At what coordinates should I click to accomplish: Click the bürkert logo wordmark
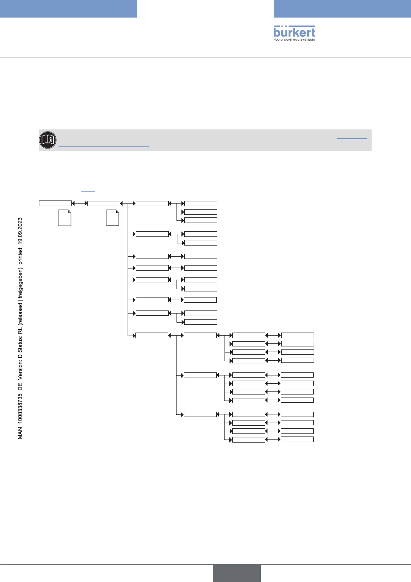pos(294,32)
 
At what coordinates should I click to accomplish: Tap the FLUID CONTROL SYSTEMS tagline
pos(294,40)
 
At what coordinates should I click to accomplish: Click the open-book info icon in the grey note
pos(48,140)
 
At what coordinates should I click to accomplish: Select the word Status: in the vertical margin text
pos(20,342)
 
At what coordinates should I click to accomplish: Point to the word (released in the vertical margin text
pos(20,311)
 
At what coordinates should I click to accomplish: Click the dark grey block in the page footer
pos(237,573)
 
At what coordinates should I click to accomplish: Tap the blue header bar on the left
pos(68,9)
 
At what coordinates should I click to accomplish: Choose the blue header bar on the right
pos(342,9)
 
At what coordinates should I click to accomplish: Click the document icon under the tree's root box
pos(64,218)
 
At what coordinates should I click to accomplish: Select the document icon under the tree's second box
pos(112,218)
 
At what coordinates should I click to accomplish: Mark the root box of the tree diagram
pos(55,203)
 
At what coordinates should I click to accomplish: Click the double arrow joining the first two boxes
pos(80,203)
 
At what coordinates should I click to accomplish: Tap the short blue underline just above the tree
pos(88,191)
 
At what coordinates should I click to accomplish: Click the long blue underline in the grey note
pos(103,147)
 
